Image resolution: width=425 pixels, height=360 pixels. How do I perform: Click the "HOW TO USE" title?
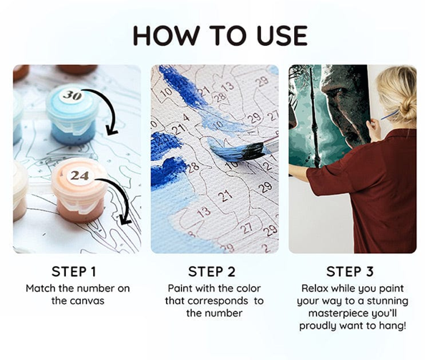[220, 35]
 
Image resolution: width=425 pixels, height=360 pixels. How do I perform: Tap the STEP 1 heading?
[74, 271]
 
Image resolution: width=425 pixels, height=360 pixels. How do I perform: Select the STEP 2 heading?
[212, 271]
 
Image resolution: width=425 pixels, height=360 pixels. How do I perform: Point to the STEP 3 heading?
[350, 271]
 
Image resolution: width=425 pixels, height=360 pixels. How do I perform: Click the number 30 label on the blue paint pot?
[73, 95]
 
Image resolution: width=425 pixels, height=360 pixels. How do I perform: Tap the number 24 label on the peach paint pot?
[79, 176]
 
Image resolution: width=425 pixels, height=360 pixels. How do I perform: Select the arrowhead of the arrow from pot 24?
[125, 220]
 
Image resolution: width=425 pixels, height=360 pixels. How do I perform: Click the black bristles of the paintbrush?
[253, 151]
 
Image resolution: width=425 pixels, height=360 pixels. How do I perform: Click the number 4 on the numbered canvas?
[186, 118]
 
